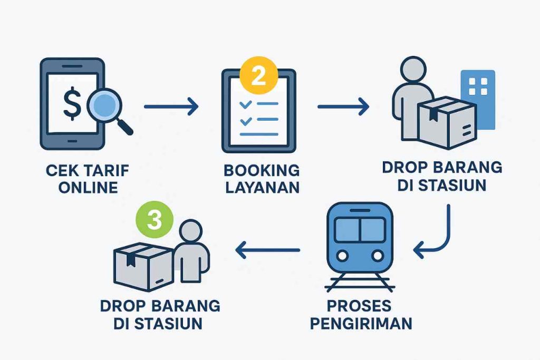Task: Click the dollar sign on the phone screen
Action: pyautogui.click(x=72, y=104)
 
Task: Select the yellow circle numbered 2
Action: pyautogui.click(x=258, y=76)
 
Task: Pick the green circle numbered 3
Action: pyautogui.click(x=153, y=220)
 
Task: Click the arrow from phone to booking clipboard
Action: pyautogui.click(x=171, y=108)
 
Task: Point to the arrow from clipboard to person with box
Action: pyautogui.click(x=343, y=108)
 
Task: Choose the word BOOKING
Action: pyautogui.click(x=262, y=170)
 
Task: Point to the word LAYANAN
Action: pyautogui.click(x=262, y=187)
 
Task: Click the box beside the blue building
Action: pyautogui.click(x=446, y=122)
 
